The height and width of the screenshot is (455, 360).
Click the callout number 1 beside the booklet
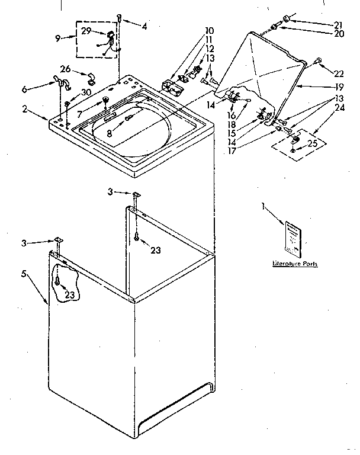(x=262, y=206)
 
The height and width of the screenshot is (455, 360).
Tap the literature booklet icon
(x=294, y=238)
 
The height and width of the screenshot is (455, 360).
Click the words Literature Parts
(x=294, y=264)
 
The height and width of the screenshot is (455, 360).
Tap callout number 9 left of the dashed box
(x=57, y=38)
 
